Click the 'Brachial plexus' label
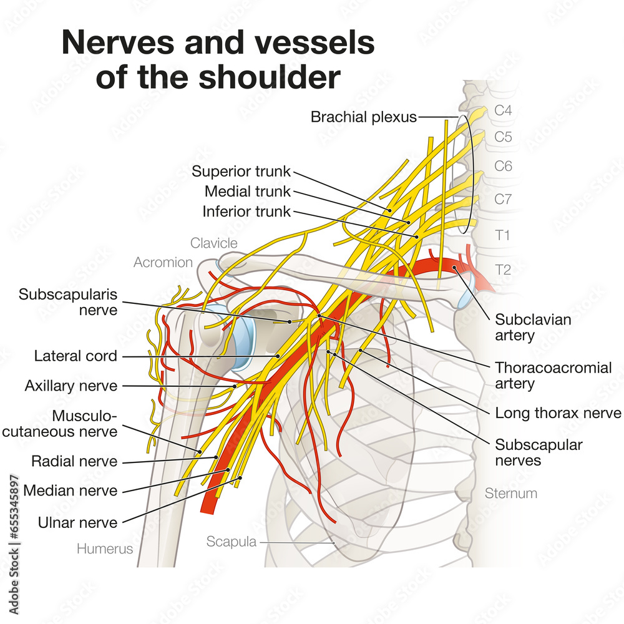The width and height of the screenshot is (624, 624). click(x=364, y=117)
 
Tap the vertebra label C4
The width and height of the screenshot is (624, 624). click(x=503, y=110)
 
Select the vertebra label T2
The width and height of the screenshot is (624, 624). click(x=503, y=270)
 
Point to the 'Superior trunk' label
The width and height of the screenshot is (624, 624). click(x=241, y=171)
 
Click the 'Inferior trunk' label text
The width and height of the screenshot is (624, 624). click(x=246, y=212)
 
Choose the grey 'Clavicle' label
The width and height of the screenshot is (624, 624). click(x=214, y=243)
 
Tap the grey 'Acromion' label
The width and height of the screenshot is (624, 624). click(x=163, y=262)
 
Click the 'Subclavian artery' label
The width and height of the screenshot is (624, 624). click(x=524, y=328)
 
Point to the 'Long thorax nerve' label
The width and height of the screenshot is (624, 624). click(x=558, y=413)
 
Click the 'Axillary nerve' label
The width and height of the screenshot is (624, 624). click(x=71, y=386)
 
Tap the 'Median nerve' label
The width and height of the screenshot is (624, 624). click(x=70, y=490)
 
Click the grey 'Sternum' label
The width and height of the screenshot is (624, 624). click(x=510, y=494)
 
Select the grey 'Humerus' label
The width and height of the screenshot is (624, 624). click(x=105, y=549)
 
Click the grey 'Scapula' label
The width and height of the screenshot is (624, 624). click(x=231, y=542)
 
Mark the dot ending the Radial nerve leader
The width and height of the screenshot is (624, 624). click(x=217, y=457)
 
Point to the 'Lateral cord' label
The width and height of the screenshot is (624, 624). click(x=76, y=356)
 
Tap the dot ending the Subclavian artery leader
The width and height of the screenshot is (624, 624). click(x=456, y=268)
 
